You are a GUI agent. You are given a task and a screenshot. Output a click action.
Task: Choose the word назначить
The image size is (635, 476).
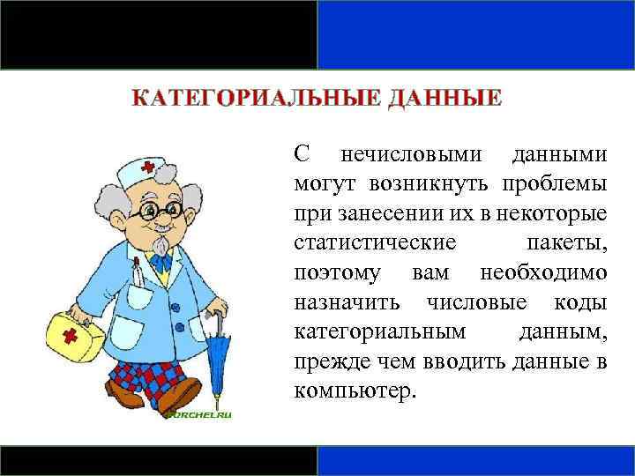(x=349, y=301)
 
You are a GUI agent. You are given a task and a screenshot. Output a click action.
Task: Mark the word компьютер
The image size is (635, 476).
(x=353, y=390)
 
